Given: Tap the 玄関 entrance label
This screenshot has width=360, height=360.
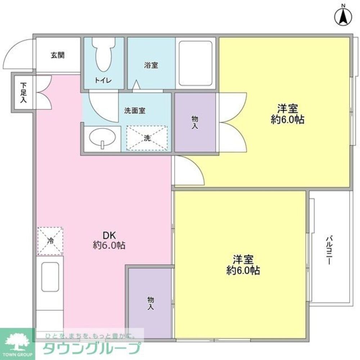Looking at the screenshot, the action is pos(57,55).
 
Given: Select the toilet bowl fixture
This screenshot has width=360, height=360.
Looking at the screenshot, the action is pos(103,54).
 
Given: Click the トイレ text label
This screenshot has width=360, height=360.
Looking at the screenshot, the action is pos(103,80).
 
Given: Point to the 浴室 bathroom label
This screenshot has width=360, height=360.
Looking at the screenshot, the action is pos(151,65).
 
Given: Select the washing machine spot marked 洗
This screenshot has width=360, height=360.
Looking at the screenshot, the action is pos(147,138).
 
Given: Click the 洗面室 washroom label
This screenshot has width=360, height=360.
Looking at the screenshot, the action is pos(135,111).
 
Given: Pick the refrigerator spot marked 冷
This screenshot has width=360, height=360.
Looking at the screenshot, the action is pos(50,241).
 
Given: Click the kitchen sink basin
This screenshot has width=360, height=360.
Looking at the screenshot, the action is pos(50,276).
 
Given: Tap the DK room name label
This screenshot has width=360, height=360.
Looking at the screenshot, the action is pos(109,235).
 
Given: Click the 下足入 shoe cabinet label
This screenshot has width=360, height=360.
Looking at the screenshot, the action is pos(23,93).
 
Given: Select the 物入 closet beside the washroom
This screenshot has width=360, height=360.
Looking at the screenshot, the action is pos(195,122).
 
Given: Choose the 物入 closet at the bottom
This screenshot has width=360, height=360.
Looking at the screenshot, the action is pos(150,303).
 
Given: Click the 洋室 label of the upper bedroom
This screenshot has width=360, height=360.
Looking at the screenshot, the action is pos(287,109).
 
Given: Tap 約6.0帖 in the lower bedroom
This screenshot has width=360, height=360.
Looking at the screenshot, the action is pos(243,270).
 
